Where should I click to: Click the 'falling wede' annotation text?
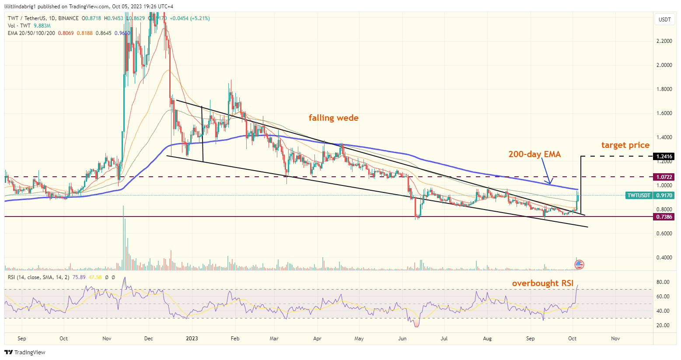pyautogui.click(x=333, y=118)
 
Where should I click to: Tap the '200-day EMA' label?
pyautogui.click(x=534, y=154)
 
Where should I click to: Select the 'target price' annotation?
pyautogui.click(x=625, y=145)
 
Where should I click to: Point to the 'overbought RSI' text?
pyautogui.click(x=542, y=283)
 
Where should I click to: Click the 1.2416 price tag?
pyautogui.click(x=664, y=157)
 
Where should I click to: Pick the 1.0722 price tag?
pyautogui.click(x=664, y=177)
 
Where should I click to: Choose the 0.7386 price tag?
pyautogui.click(x=664, y=217)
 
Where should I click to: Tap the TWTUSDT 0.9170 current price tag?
pyautogui.click(x=650, y=196)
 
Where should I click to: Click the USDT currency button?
pyautogui.click(x=664, y=20)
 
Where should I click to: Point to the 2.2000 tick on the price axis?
pyautogui.click(x=664, y=41)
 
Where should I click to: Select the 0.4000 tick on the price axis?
pyautogui.click(x=664, y=258)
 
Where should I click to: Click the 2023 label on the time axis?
pyautogui.click(x=192, y=338)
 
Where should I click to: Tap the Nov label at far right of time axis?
pyautogui.click(x=615, y=338)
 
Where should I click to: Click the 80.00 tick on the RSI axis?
pyautogui.click(x=663, y=282)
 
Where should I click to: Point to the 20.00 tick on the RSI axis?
pyautogui.click(x=663, y=325)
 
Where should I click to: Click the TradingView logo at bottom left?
pyautogui.click(x=25, y=352)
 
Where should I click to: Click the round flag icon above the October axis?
pyautogui.click(x=579, y=264)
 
